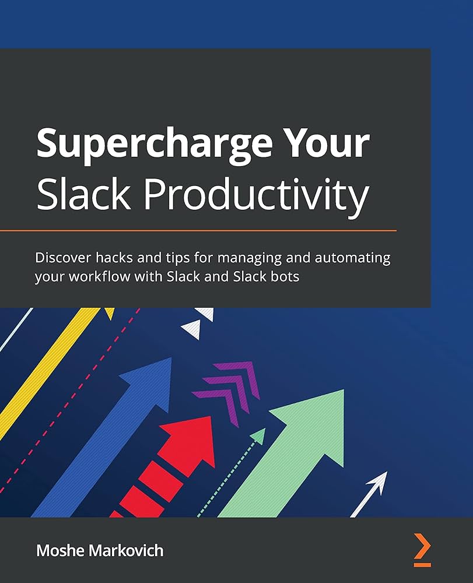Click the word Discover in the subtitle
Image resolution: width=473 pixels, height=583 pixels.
[63, 257]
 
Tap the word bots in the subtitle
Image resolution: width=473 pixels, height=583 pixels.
[284, 276]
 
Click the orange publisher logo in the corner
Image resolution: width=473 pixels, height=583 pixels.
[422, 549]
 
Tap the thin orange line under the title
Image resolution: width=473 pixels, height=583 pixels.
[198, 231]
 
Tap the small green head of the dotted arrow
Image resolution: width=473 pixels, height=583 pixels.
[257, 436]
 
